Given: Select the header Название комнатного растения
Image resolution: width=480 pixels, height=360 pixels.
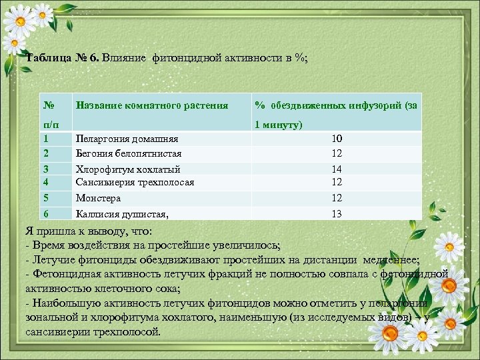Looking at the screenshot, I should click(152, 105).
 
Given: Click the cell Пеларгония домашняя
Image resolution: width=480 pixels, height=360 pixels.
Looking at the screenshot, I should click(127, 139).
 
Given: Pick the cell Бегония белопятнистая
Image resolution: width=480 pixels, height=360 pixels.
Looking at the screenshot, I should click(129, 153).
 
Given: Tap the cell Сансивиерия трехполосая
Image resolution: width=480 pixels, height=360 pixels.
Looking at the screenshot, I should click(135, 181).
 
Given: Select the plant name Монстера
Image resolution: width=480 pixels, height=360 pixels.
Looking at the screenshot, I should click(98, 198).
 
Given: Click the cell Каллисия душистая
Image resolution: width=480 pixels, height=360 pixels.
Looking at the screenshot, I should click(122, 213).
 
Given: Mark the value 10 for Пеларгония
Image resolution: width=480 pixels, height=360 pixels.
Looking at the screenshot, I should click(337, 139).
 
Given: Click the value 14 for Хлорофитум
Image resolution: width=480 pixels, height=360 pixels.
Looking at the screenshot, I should click(337, 169).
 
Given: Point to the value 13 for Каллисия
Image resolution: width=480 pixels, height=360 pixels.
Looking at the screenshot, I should click(337, 213).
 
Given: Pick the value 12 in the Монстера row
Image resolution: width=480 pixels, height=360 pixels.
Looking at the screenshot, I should click(337, 198).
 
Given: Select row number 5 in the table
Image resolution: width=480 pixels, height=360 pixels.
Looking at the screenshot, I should click(46, 198).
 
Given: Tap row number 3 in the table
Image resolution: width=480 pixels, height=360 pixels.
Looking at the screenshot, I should click(46, 169).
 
